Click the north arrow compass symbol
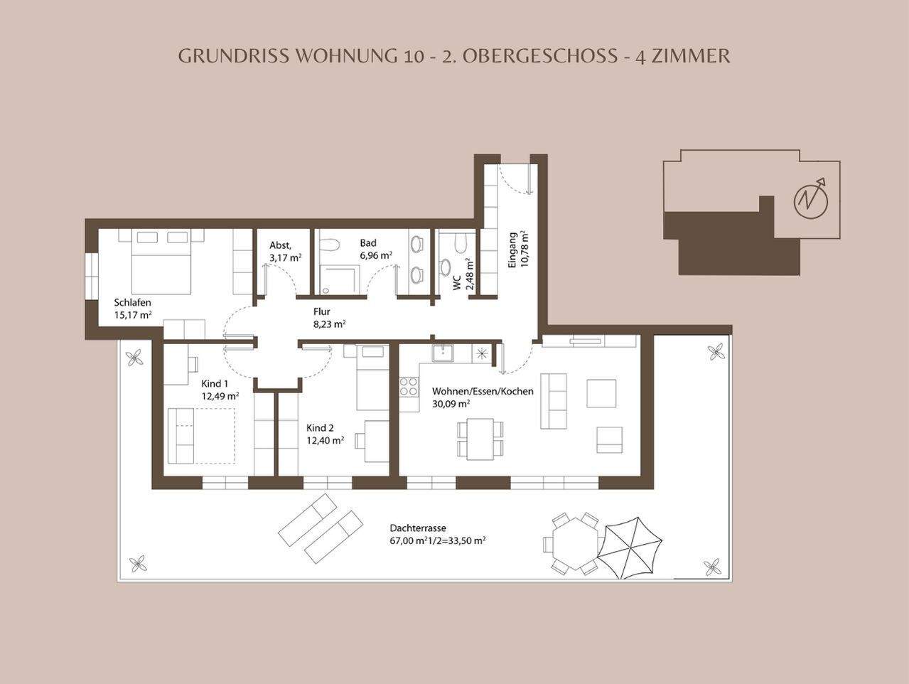811,198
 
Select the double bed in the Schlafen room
162,261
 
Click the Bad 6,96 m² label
376,249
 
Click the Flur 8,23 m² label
329,317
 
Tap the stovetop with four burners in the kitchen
409,387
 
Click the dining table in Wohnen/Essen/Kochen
479,439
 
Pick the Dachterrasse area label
437,534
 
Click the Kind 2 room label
325,434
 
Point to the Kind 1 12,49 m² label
219,390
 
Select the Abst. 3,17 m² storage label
285,251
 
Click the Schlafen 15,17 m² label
133,308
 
